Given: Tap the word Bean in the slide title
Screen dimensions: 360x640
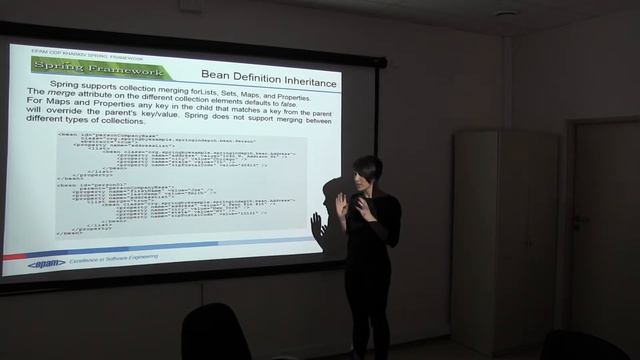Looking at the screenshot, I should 214,74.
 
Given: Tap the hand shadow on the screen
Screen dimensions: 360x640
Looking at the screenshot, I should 319,228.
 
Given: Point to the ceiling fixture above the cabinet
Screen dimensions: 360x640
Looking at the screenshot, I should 506,14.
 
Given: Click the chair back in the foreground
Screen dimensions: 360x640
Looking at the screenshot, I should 215,335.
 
